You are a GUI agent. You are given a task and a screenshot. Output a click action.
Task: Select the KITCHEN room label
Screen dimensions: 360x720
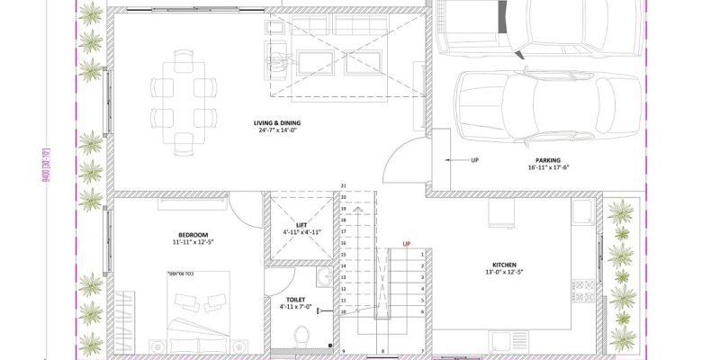(x=504, y=265)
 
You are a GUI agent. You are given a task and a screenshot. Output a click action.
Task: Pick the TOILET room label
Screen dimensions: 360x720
(x=296, y=298)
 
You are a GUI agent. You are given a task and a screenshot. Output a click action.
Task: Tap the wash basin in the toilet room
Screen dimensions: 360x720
(x=323, y=276)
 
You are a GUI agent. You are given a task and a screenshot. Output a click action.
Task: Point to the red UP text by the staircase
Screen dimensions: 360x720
(x=407, y=244)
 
